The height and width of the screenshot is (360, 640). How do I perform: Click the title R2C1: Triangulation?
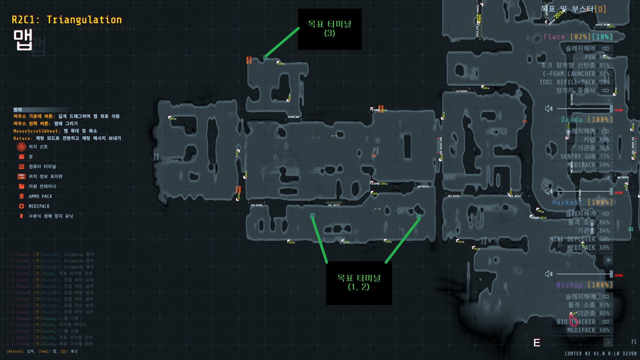67,20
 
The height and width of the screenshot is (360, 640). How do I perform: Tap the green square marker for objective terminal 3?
265,57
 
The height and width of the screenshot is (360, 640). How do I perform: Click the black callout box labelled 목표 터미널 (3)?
329,29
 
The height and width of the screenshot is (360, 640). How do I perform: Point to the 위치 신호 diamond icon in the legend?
21,147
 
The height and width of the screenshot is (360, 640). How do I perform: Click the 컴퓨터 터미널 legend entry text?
42,167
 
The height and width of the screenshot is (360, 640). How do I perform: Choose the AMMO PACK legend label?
40,197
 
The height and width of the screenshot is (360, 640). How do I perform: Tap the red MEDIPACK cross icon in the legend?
21,206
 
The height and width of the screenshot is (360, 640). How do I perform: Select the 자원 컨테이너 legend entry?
42,186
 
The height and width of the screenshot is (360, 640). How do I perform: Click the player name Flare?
554,37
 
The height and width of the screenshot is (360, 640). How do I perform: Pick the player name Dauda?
571,120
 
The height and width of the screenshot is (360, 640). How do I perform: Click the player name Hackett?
567,202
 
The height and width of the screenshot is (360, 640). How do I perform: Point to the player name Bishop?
569,285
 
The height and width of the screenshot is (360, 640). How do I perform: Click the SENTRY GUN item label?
578,156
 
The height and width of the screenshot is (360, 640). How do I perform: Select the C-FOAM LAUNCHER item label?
569,74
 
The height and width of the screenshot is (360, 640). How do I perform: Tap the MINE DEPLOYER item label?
572,239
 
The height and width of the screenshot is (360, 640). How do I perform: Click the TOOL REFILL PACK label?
567,82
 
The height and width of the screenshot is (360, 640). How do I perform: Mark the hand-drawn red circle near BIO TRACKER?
573,320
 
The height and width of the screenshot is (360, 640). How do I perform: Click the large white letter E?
537,343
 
